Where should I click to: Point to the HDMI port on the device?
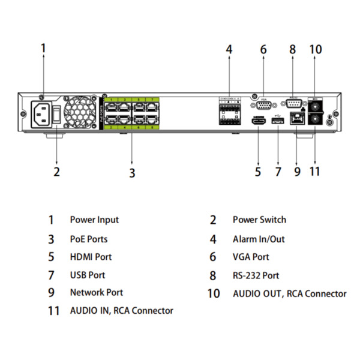coord(259,122)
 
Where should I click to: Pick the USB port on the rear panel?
coord(277,122)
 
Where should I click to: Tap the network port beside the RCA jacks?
coord(297,121)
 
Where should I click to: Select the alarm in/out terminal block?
coord(230,113)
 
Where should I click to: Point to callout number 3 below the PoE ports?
coord(132,173)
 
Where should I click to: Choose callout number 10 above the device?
coord(316,49)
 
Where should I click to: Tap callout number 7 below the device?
coord(278,172)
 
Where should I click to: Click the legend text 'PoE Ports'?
coord(89,239)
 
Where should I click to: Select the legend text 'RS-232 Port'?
coord(256,275)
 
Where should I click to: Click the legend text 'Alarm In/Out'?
coord(259,239)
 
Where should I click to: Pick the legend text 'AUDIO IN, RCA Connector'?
coord(121,311)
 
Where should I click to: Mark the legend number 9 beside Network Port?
coord(51,293)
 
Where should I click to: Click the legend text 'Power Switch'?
coord(259,220)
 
